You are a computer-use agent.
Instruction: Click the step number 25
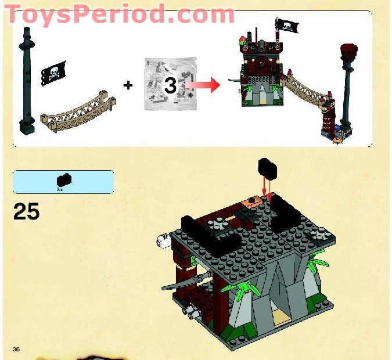pyautogui.click(x=26, y=211)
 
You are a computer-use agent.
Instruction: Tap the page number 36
pyautogui.click(x=17, y=348)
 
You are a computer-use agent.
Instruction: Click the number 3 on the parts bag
pyautogui.click(x=170, y=86)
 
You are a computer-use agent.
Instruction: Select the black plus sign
pyautogui.click(x=128, y=85)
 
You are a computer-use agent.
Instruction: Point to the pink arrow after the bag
pyautogui.click(x=206, y=86)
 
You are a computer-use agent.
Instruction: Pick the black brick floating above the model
pyautogui.click(x=267, y=169)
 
